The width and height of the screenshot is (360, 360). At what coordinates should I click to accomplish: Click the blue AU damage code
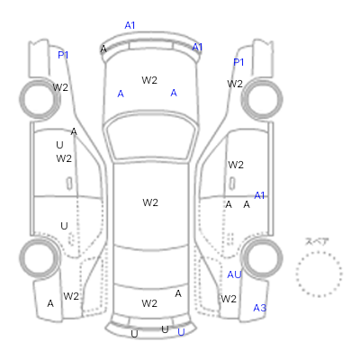click(234, 274)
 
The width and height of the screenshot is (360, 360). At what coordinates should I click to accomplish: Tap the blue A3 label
click(260, 308)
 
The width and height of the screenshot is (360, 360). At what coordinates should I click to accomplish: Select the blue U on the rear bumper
click(181, 332)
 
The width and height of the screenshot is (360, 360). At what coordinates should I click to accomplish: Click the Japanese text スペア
click(317, 241)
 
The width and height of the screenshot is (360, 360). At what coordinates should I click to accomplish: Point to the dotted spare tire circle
click(319, 252)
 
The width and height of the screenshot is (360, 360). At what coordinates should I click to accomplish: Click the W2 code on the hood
click(149, 80)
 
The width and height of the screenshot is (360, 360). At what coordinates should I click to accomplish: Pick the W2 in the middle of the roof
click(150, 202)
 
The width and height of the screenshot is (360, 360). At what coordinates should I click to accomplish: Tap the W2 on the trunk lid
click(149, 303)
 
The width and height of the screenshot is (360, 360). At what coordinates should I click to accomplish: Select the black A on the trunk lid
click(178, 293)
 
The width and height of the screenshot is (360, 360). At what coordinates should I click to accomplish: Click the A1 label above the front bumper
click(130, 25)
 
